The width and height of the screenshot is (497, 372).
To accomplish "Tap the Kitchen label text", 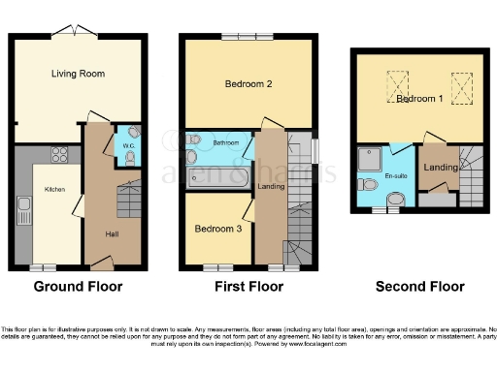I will point(54,190).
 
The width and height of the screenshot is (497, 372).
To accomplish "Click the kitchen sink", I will point(23,206).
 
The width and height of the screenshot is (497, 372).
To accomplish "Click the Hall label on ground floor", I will point(113,233).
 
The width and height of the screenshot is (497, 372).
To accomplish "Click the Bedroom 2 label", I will point(248,84).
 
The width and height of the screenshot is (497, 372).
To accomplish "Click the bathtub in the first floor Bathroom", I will point(215,180).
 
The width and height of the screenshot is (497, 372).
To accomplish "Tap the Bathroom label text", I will point(224,143).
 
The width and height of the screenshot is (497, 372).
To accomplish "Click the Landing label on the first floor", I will point(270,187).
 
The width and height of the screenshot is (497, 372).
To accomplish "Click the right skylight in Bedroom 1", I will point(459,86).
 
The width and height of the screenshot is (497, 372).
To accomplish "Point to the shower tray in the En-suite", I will point(370,157).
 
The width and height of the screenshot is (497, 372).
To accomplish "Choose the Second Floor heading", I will point(422,287).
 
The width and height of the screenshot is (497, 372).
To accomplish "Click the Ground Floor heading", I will point(79,287).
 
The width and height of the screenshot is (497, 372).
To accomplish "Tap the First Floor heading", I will point(250,287).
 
